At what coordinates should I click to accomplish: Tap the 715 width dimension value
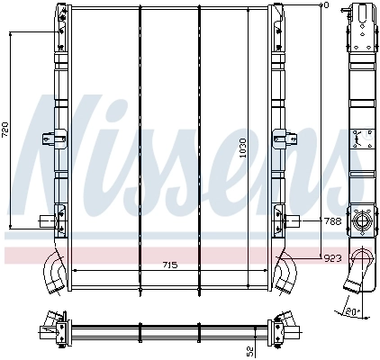pyautogui.click(x=169, y=265)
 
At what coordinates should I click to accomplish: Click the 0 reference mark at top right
pyautogui.click(x=326, y=5)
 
